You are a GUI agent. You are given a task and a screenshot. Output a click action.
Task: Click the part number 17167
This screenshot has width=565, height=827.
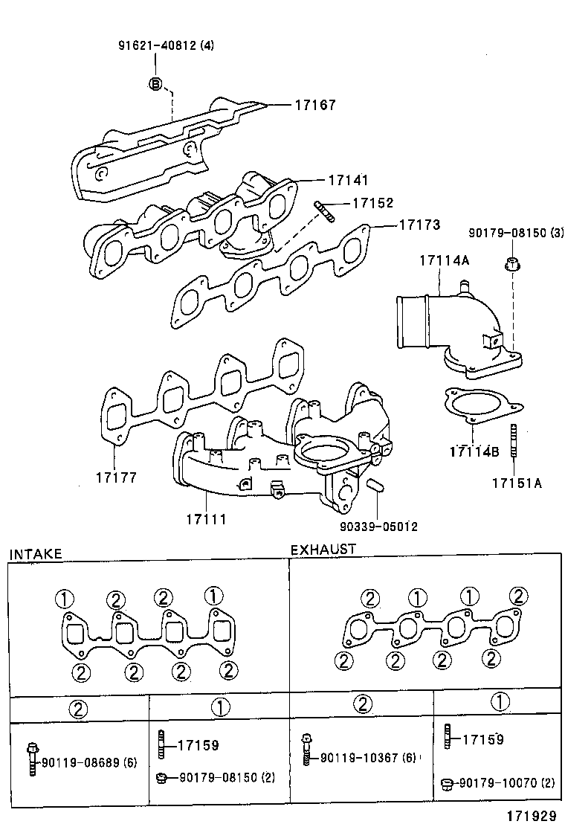coord(315,105)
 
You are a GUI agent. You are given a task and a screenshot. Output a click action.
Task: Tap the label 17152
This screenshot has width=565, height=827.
coord(372,202)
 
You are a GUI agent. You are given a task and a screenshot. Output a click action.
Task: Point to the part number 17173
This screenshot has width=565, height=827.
coord(419,224)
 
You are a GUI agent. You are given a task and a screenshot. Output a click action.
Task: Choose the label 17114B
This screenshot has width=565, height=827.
coord(474,451)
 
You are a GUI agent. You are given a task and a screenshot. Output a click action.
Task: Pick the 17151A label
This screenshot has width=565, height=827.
coord(516,483)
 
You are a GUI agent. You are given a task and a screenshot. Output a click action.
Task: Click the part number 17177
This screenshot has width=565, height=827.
coord(115,477)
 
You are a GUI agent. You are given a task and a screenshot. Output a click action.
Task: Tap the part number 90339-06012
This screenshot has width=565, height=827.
coord(378,527)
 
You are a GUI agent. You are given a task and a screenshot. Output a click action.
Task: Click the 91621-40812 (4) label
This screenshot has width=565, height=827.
coord(167,45)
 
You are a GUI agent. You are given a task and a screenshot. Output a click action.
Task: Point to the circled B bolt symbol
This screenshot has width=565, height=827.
coord(155,83)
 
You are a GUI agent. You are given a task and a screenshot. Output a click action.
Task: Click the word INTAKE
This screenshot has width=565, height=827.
coord(35,554)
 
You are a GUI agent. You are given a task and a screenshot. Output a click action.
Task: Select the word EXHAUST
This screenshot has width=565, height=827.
coord(323,550)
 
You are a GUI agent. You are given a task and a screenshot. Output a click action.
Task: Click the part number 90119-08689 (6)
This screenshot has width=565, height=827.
coord(89,762)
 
